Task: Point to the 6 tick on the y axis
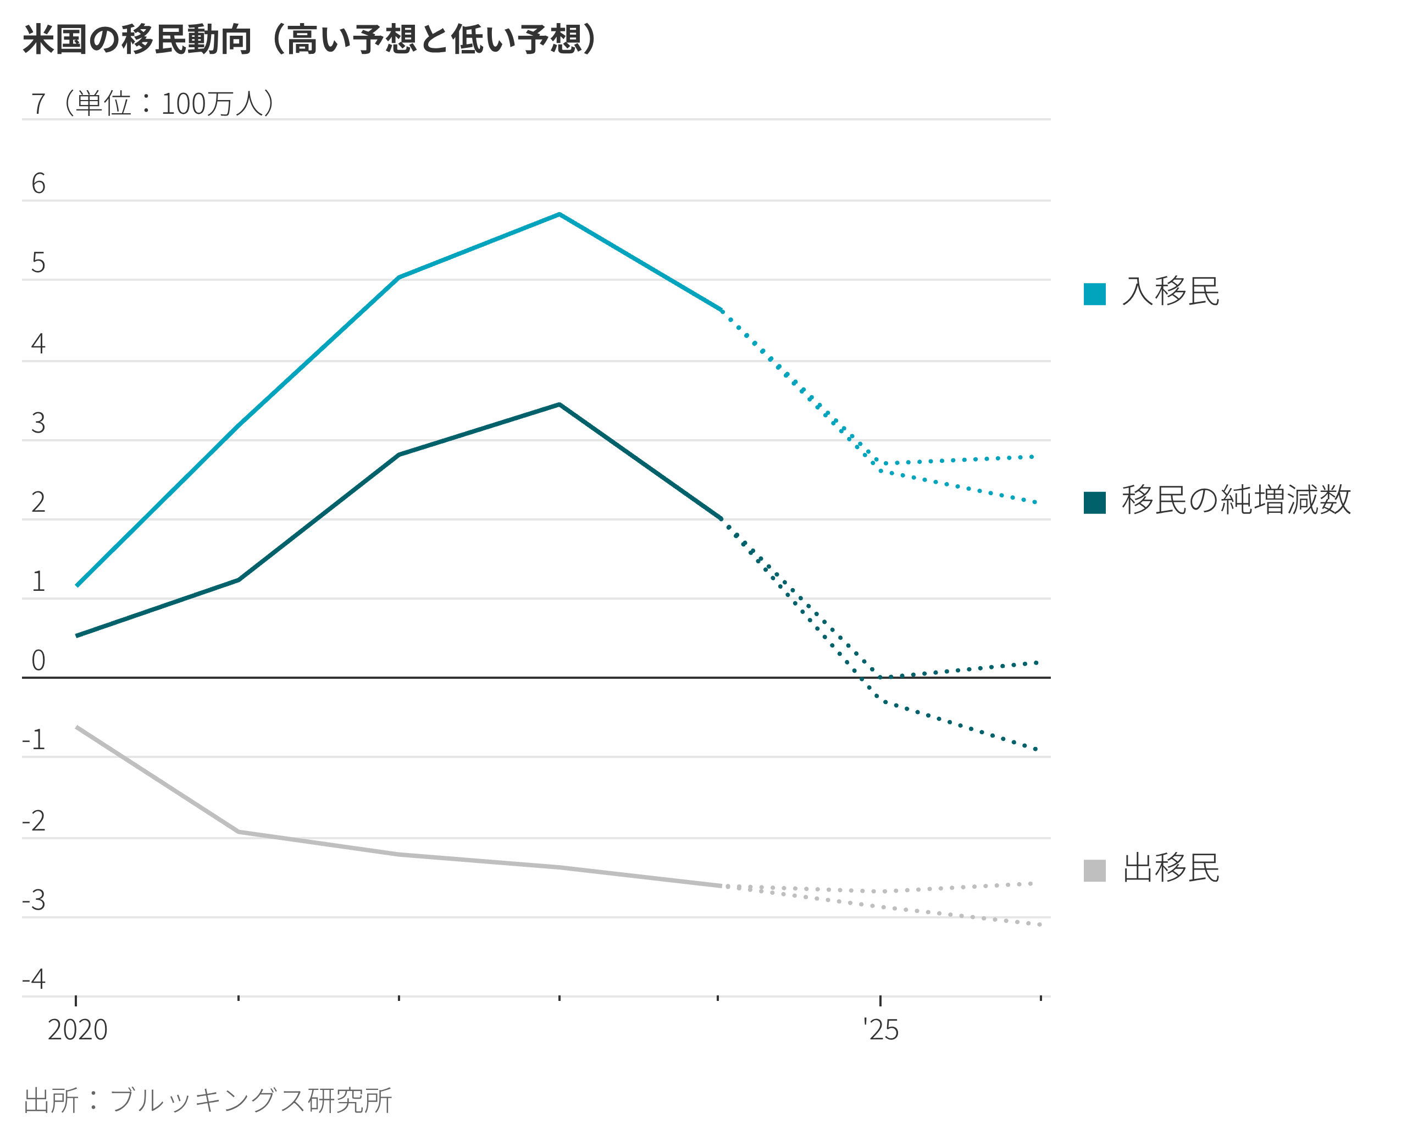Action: [x=38, y=184]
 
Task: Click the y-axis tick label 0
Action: [x=38, y=660]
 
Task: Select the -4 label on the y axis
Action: [x=34, y=979]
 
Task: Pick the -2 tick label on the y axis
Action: [x=34, y=821]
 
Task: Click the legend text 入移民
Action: [x=1170, y=292]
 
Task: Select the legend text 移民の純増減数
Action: [x=1236, y=500]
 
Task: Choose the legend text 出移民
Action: [x=1170, y=869]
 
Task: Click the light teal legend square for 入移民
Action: [x=1094, y=294]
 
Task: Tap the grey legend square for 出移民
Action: [x=1094, y=870]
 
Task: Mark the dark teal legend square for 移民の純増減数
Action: [x=1094, y=502]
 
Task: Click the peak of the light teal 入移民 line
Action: [x=559, y=214]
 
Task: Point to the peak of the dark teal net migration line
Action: [x=559, y=405]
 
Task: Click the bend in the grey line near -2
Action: [x=239, y=832]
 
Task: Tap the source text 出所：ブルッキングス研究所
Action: [x=208, y=1100]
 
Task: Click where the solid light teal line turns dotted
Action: [x=721, y=310]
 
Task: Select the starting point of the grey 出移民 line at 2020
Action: [x=77, y=727]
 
